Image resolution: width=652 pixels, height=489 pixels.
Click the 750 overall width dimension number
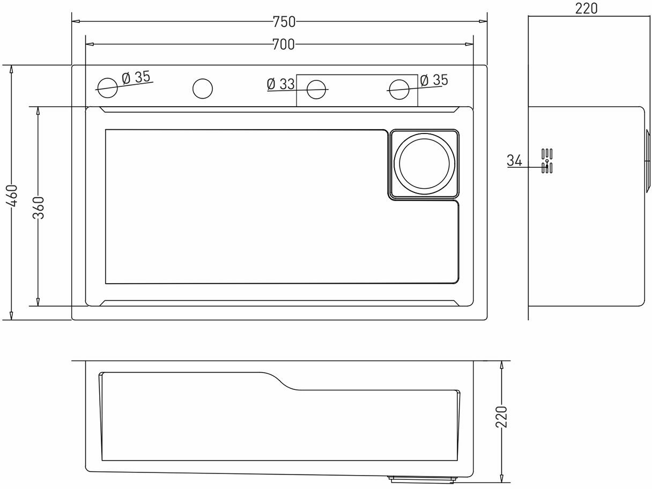[x=284, y=21]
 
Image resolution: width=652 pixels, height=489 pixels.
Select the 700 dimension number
[x=283, y=45]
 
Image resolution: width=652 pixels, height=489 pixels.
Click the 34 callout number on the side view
[x=514, y=160]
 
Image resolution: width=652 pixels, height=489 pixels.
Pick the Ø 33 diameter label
[x=280, y=84]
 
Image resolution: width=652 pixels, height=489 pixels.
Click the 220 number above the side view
[x=587, y=8]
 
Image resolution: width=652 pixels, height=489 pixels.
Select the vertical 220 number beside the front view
[x=501, y=417]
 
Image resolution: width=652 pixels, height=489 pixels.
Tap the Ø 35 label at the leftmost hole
[x=136, y=77]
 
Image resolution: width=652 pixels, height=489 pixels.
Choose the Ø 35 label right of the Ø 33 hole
[x=434, y=80]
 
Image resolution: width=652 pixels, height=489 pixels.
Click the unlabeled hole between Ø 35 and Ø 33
[x=203, y=88]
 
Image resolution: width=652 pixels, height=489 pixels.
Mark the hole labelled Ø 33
[x=316, y=89]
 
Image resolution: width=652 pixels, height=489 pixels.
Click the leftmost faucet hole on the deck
[x=107, y=88]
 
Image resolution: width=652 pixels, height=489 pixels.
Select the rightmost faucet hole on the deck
[x=398, y=89]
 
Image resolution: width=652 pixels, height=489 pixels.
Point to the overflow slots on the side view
[x=547, y=161]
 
